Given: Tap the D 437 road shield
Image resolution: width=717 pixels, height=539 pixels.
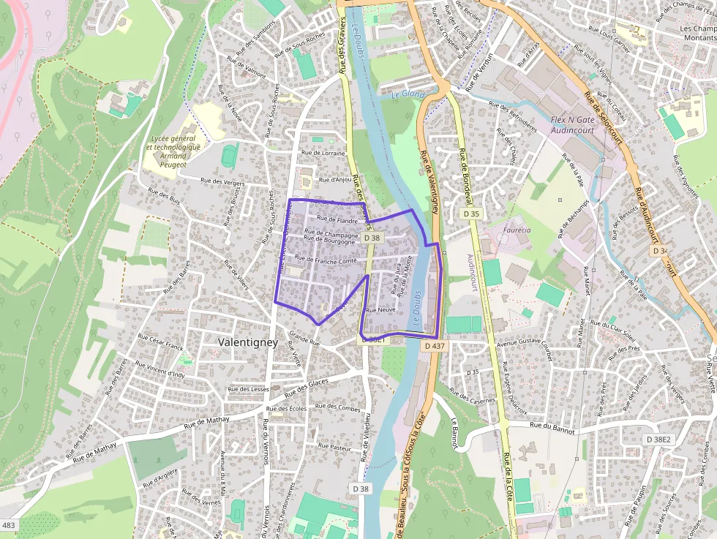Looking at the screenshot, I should (x=434, y=345).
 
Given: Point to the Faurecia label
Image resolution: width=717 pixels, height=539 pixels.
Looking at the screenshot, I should (x=517, y=229).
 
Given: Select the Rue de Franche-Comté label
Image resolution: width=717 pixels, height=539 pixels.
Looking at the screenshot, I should (x=326, y=260).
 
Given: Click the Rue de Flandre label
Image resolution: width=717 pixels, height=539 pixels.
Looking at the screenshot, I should (x=337, y=220).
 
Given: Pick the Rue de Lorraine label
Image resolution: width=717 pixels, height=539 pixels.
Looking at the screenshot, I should (x=323, y=154).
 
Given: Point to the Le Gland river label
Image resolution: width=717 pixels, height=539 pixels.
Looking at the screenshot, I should (x=408, y=94).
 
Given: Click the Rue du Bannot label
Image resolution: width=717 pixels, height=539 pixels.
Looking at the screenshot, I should (x=549, y=425).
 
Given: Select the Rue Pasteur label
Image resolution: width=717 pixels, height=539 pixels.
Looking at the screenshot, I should (x=335, y=445).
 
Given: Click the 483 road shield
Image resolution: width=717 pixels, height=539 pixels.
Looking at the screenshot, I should (x=9, y=525).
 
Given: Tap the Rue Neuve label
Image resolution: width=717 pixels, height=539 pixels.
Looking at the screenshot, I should (x=380, y=310).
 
